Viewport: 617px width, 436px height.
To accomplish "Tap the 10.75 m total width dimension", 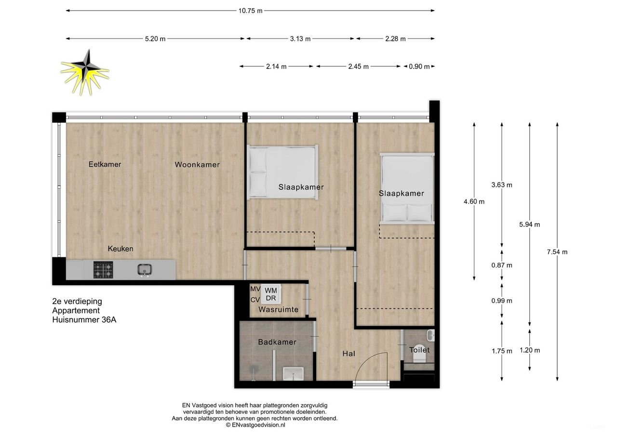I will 250,11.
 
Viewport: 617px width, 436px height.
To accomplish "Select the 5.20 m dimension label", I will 155,39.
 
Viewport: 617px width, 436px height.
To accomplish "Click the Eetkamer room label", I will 105,164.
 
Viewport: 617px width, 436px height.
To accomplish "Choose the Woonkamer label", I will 197,165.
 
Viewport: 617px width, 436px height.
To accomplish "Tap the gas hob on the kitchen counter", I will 103,270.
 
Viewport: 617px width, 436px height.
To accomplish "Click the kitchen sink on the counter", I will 144,270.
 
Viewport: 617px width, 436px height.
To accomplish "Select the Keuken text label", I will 121,249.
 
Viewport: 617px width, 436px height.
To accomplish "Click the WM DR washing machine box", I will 271,294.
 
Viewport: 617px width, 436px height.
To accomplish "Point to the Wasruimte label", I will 279,309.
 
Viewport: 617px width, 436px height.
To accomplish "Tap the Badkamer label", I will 277,342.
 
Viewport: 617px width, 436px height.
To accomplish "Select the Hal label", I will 349,354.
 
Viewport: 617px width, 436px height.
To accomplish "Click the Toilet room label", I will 419,350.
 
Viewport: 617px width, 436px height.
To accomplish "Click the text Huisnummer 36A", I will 84,319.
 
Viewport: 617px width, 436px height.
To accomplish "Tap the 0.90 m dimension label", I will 419,67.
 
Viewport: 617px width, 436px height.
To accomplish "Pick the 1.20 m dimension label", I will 530,350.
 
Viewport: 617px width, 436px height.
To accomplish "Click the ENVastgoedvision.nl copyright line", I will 255,425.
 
